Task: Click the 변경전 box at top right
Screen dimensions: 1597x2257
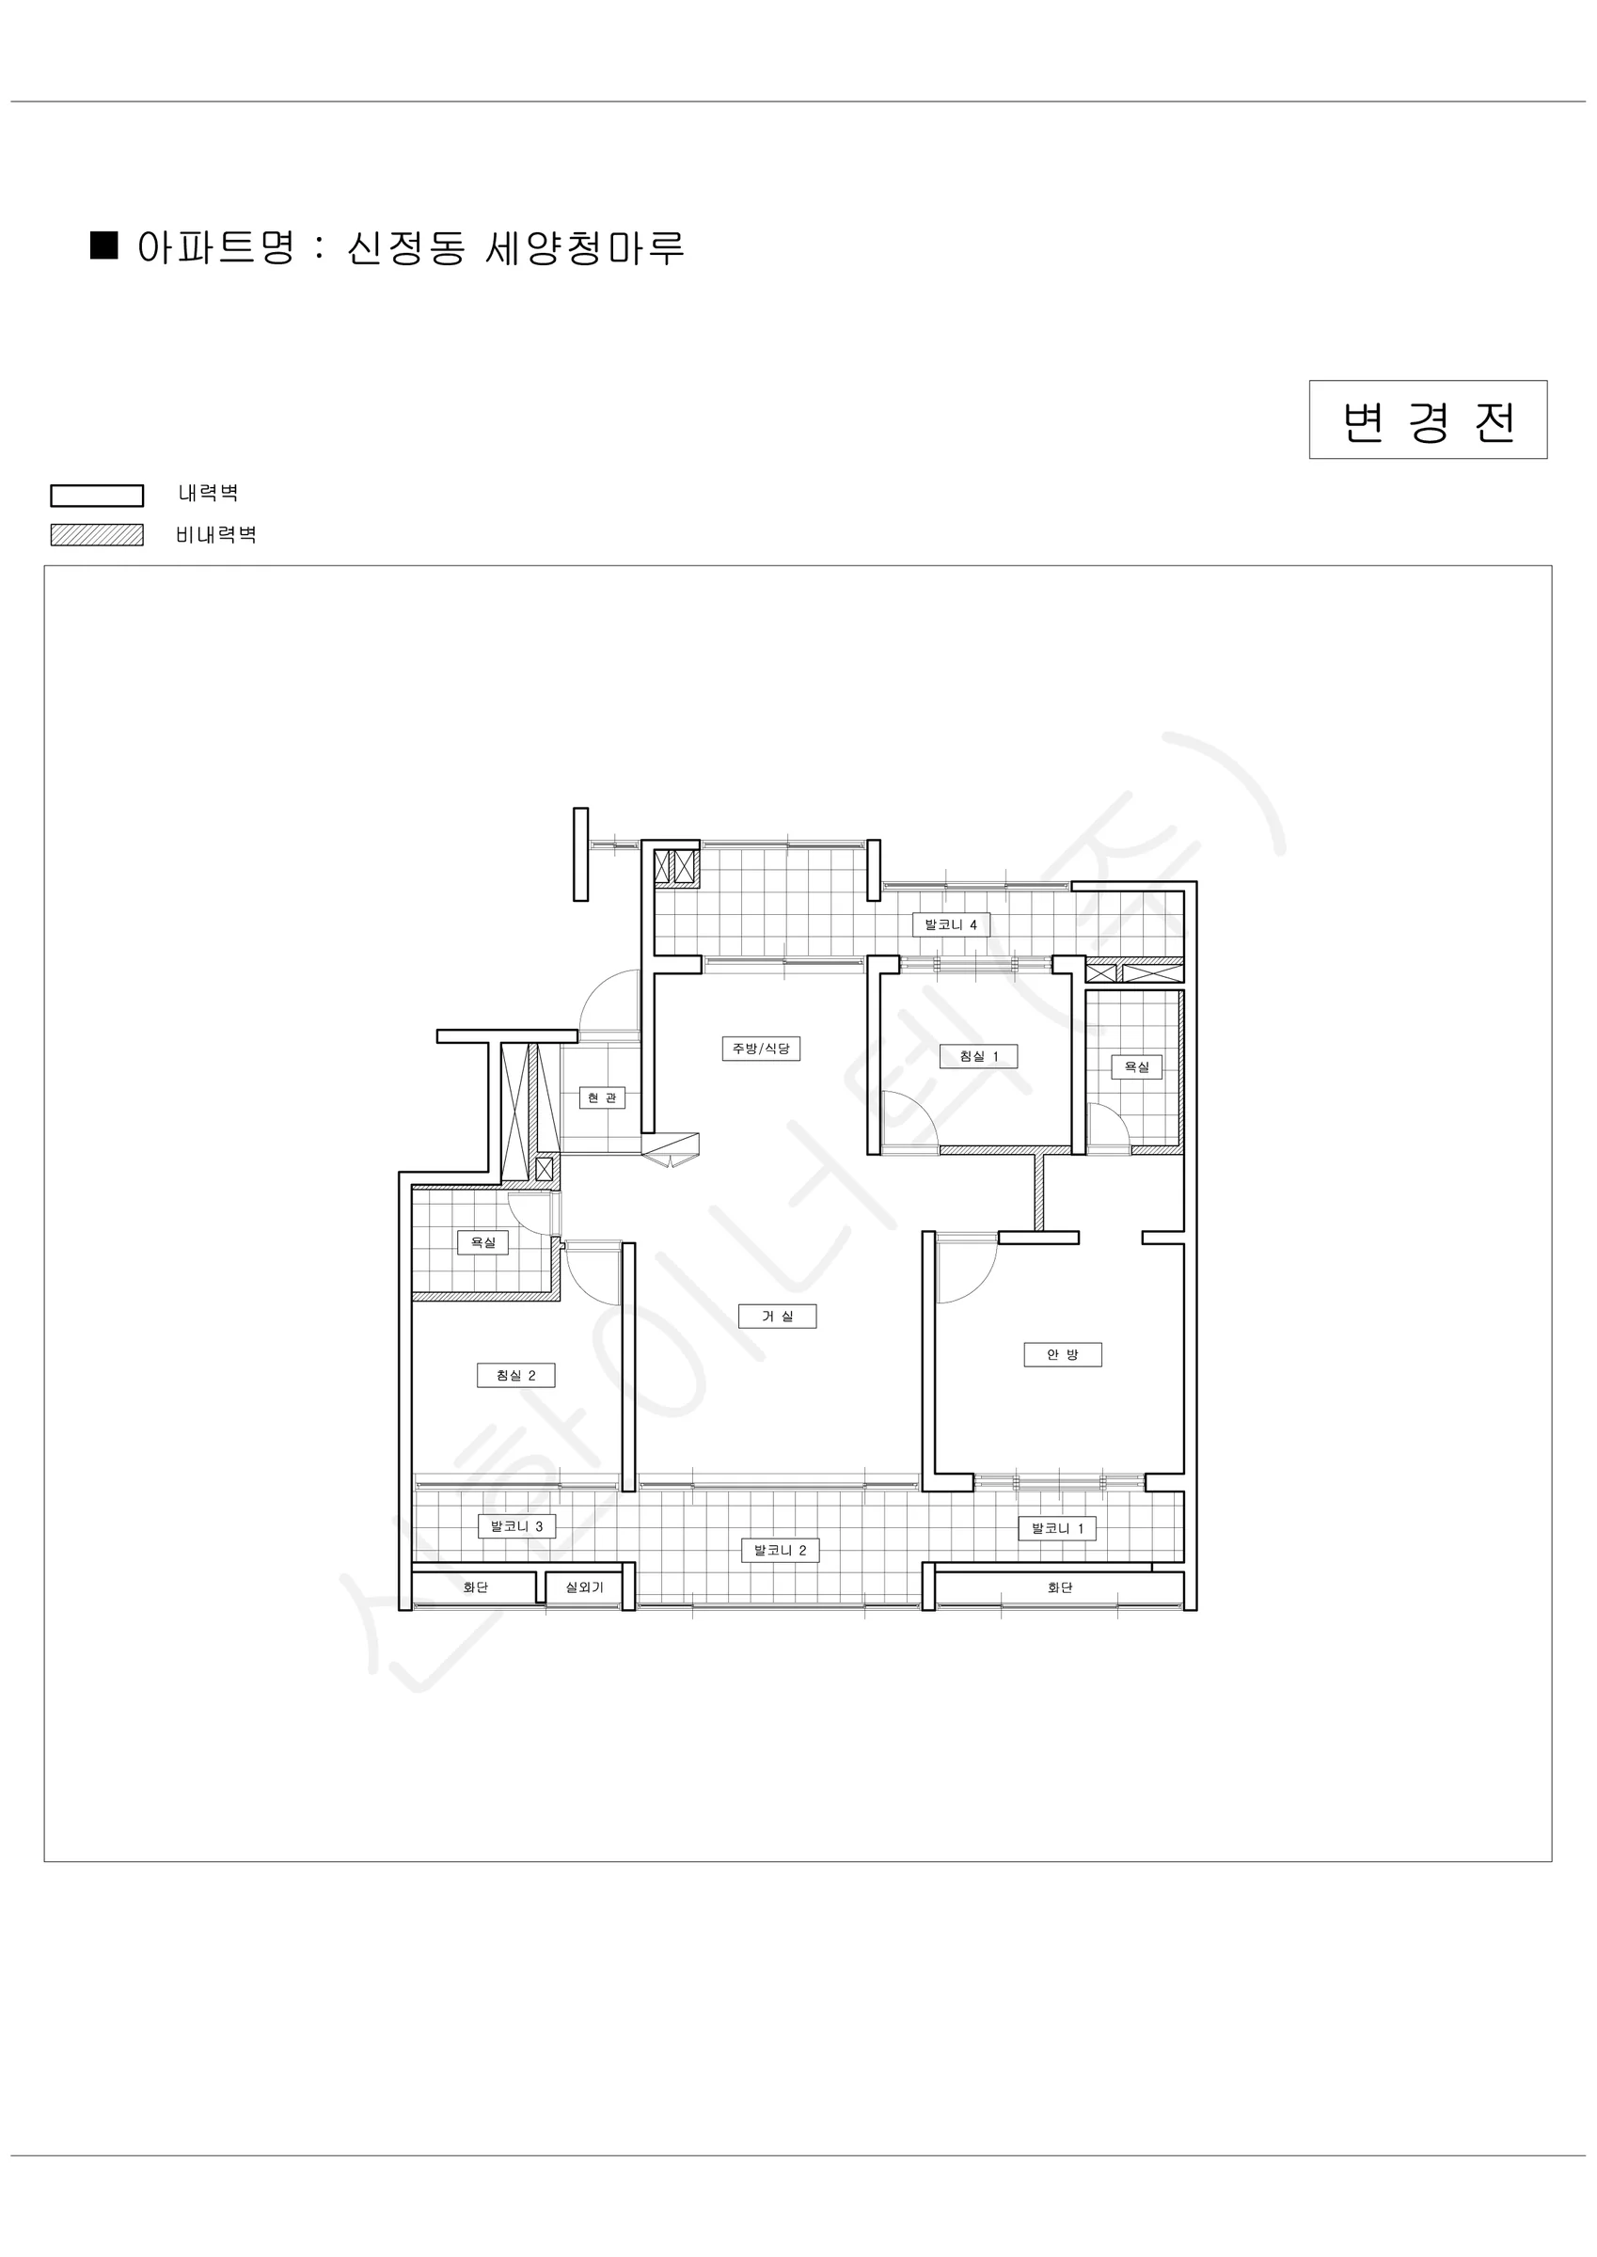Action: coord(1428,419)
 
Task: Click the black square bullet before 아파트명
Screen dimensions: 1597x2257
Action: coord(104,245)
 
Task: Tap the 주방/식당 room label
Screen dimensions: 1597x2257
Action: coord(761,1049)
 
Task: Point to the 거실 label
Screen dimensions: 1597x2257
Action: coord(778,1317)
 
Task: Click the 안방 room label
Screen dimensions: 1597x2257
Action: coord(1063,1354)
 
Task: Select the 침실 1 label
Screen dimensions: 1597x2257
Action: coord(978,1057)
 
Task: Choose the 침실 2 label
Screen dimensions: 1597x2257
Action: coord(516,1375)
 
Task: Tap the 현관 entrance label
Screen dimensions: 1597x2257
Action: coord(602,1098)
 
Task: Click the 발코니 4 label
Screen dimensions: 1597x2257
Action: coord(951,925)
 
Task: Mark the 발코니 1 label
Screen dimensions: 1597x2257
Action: coord(1057,1528)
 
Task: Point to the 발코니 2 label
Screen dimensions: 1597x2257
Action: coord(780,1550)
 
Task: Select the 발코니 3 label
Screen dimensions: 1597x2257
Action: coord(516,1526)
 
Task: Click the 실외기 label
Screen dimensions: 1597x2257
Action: coord(584,1587)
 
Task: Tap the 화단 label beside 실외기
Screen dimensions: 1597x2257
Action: coord(476,1587)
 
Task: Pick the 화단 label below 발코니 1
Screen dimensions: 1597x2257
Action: coord(1060,1587)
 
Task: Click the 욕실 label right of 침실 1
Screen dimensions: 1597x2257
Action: coord(1137,1066)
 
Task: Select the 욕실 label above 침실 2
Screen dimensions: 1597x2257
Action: coord(482,1242)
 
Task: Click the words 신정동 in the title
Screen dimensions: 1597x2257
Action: coord(406,246)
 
